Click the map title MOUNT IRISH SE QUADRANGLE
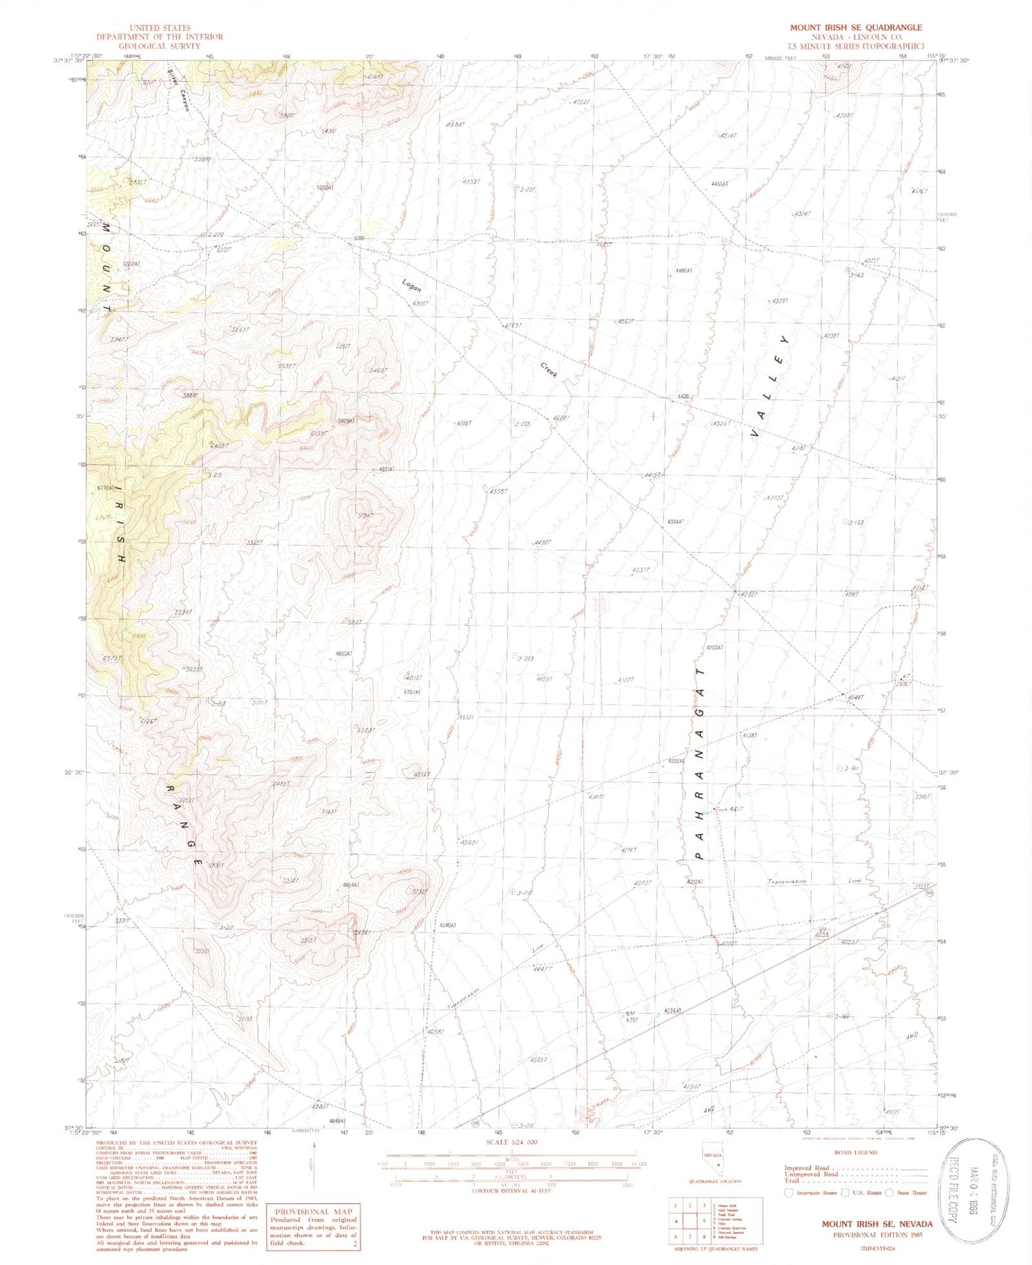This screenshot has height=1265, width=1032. pyautogui.click(x=855, y=27)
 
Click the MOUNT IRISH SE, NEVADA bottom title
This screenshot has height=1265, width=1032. pyautogui.click(x=877, y=1224)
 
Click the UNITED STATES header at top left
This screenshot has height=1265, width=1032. pyautogui.click(x=159, y=28)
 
